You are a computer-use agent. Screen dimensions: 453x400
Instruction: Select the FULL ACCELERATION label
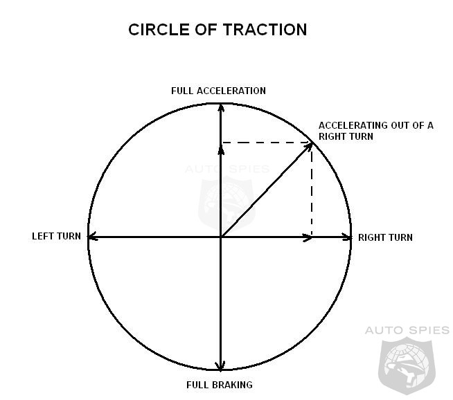218,91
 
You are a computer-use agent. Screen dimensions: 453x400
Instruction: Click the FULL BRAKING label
220,385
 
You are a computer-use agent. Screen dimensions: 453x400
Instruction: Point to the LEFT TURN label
56,237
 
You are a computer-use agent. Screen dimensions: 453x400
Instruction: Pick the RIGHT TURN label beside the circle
385,237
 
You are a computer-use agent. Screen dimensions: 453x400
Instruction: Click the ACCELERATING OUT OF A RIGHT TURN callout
376,131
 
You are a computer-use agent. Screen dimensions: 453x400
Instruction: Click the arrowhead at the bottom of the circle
221,367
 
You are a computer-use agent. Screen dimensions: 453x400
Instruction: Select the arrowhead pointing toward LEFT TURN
92,237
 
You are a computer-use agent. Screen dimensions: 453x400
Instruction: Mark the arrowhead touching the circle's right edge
347,237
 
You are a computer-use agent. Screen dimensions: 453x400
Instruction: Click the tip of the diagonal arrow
312,143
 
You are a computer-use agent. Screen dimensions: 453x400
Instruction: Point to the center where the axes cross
221,237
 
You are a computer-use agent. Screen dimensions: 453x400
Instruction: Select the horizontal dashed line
266,143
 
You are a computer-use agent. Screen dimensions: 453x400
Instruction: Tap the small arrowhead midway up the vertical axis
221,150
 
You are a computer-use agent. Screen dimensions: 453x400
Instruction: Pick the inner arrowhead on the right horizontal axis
308,237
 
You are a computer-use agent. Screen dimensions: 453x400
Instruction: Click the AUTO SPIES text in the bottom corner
407,330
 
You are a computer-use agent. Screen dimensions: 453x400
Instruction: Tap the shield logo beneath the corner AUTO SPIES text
407,366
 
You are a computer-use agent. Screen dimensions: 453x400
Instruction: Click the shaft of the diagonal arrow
266,190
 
